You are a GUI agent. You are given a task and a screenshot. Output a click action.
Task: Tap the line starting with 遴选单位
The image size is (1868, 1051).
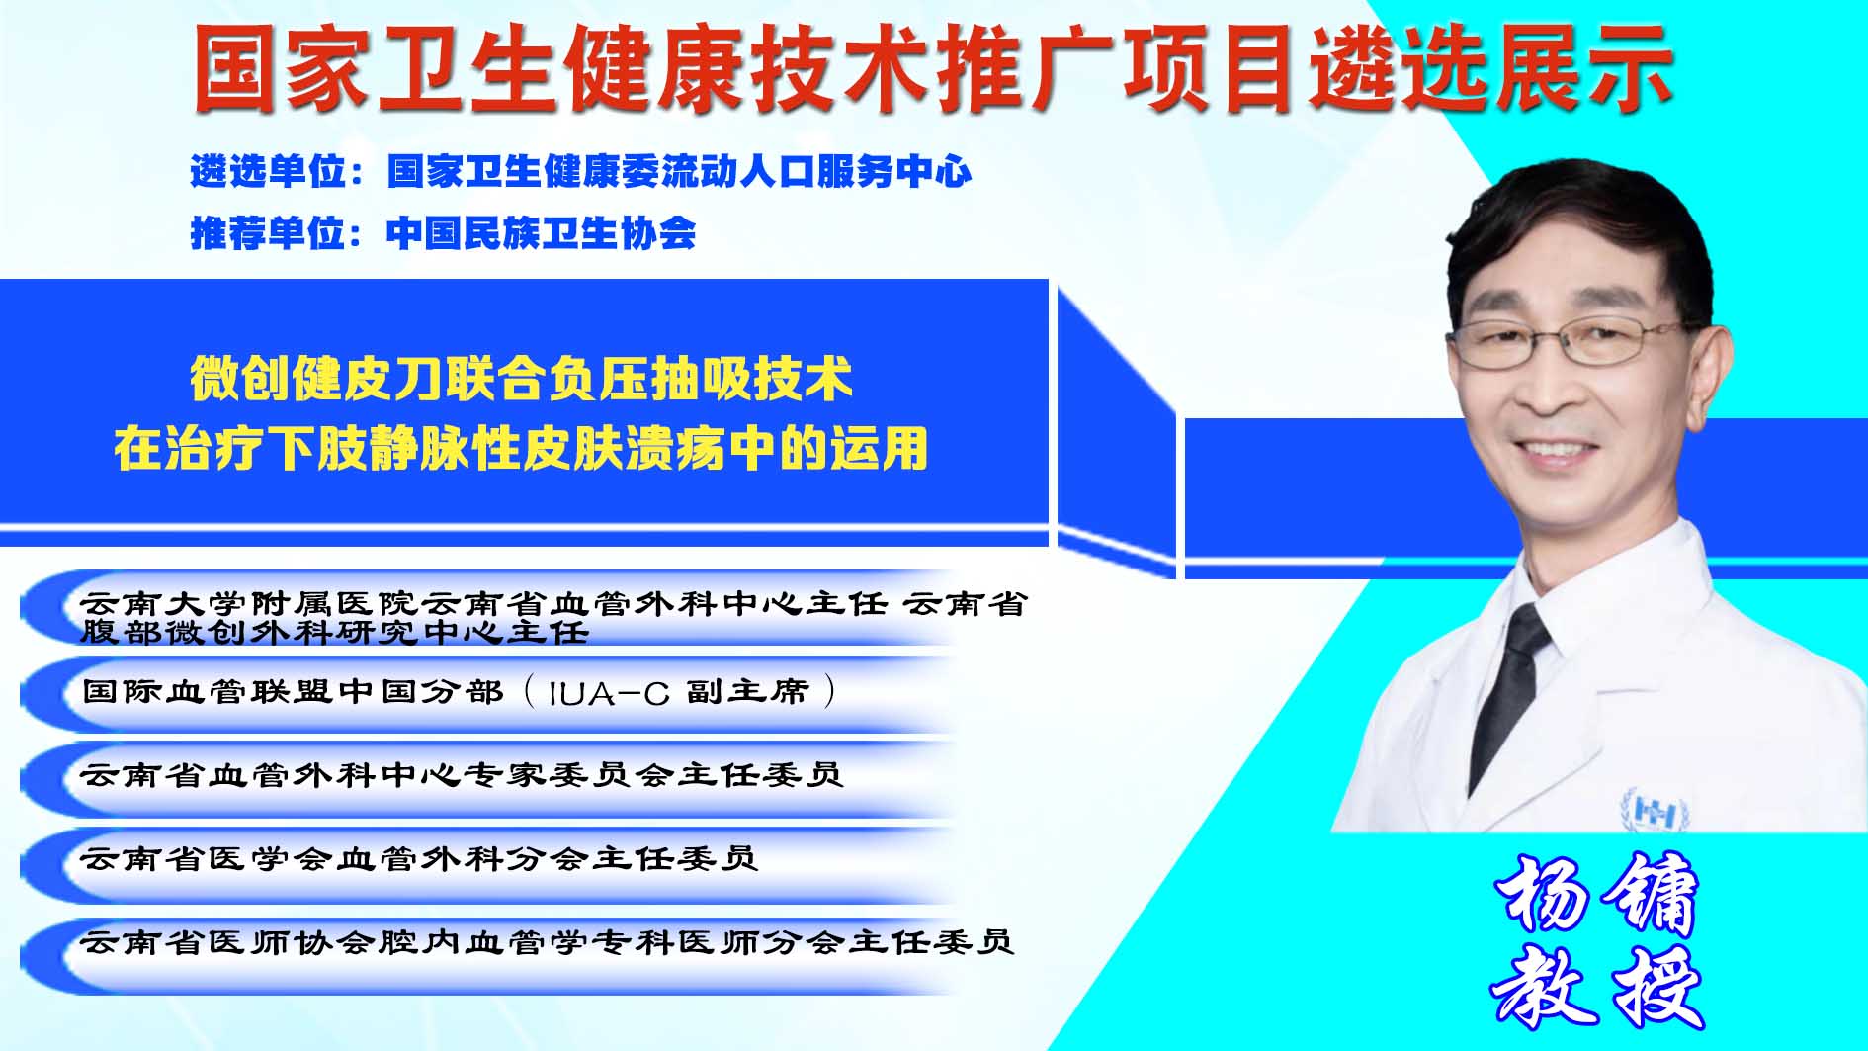pos(580,172)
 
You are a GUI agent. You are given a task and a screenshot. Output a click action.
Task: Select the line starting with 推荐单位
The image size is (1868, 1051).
pos(443,233)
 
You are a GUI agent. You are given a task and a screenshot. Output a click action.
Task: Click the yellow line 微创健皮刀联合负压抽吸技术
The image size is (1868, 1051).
pos(521,380)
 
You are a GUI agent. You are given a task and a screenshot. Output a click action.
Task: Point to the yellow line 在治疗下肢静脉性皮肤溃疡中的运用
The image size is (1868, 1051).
pos(521,448)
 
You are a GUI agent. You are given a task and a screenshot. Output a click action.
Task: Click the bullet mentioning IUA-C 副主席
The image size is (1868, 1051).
pos(459,691)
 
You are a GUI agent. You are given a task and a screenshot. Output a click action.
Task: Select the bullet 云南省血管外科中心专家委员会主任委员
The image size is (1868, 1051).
pos(461,774)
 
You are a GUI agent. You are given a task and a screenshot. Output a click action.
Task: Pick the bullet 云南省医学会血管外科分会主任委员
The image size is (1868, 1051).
pos(418,858)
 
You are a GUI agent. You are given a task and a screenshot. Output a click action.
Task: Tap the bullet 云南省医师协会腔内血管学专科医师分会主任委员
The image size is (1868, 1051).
pos(547,942)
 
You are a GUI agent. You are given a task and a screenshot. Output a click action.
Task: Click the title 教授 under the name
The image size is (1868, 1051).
pos(1596,986)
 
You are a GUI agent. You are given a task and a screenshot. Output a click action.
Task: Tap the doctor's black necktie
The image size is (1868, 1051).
pos(1507,692)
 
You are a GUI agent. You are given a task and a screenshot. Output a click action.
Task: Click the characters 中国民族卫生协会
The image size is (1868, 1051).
pos(541,233)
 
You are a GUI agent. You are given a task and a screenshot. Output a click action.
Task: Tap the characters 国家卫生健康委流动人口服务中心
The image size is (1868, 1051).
pos(679,172)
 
